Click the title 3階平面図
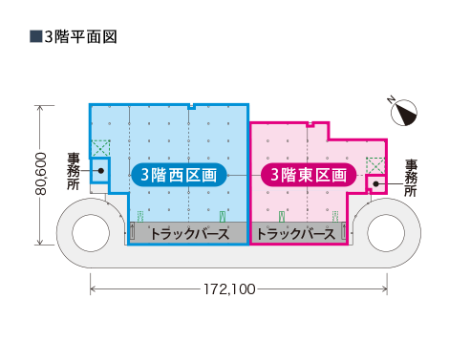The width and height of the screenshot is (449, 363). coord(80,37)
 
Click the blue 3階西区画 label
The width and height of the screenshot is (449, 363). coord(180,175)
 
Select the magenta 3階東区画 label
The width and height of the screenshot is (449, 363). coord(309,175)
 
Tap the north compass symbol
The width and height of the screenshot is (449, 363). coord(407,113)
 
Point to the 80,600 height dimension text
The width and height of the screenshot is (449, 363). coord(40,174)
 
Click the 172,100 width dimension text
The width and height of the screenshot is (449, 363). coord(229,288)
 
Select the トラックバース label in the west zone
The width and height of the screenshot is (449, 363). coord(189,233)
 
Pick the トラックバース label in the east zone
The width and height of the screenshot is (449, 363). coord(296,233)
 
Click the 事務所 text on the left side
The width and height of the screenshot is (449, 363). coord(74,171)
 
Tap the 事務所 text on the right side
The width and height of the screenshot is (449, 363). coord(412,178)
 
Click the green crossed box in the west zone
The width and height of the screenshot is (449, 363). coord(100,149)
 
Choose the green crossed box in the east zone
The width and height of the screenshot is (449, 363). coord(375,164)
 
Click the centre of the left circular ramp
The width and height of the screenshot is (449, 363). coord(92,232)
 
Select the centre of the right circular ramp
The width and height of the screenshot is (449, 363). coord(386,232)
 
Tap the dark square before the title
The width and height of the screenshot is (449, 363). coord(35,37)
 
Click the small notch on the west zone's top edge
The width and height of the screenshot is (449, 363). coord(192,106)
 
